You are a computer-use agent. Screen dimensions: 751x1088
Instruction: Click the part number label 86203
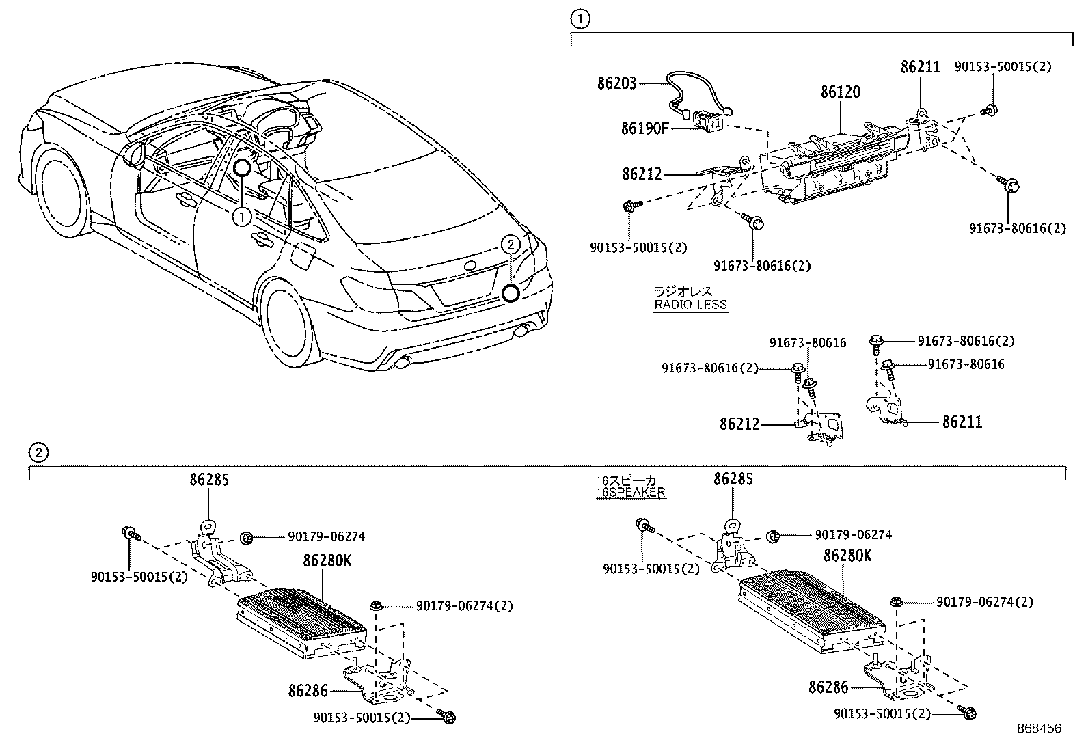pos(616,83)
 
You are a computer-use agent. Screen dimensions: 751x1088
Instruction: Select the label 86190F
pos(644,128)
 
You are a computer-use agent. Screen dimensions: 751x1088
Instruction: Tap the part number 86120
pos(840,92)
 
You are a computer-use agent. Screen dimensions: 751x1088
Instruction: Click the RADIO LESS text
pos(690,305)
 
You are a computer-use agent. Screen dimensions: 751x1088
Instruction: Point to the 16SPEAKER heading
pos(629,492)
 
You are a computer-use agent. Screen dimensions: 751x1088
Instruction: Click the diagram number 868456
pos(1039,728)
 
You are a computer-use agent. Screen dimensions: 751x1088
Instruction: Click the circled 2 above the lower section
pos(39,452)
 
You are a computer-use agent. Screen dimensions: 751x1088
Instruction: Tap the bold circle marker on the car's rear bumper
pos(509,294)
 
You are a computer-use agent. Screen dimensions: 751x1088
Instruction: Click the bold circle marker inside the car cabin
pos(243,167)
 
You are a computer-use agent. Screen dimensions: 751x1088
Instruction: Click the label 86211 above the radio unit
pos(920,67)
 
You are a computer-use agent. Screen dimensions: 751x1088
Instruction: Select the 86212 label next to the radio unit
pos(642,174)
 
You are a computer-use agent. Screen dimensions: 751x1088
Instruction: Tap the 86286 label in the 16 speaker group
pos(828,687)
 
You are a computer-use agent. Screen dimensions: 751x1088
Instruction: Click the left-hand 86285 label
pos(209,480)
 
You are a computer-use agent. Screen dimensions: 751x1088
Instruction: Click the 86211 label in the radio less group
pos(962,422)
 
